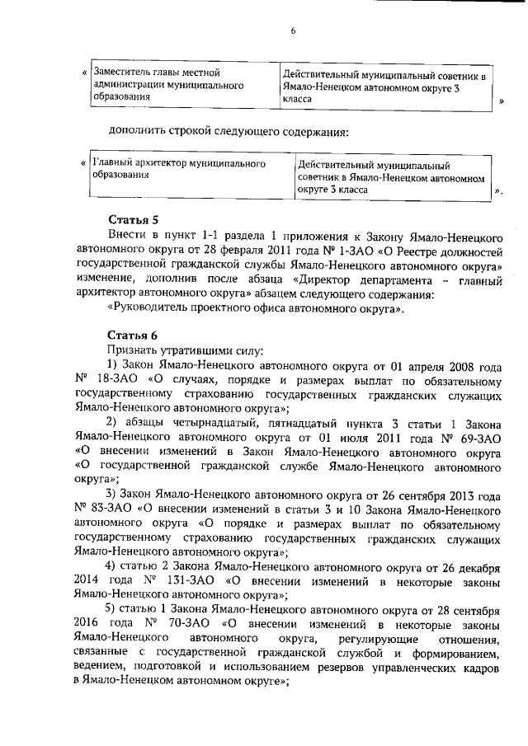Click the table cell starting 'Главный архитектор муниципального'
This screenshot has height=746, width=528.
[x=192, y=170]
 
